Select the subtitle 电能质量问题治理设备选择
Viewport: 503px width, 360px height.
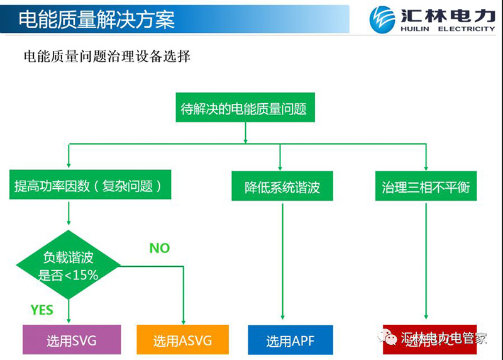(x=106, y=56)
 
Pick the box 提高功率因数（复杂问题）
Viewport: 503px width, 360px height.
(x=91, y=186)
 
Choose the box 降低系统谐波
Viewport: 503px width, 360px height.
(x=282, y=187)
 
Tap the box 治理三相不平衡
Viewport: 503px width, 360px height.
(x=426, y=187)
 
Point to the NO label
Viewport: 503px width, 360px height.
(x=159, y=248)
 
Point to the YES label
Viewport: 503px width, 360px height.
(x=42, y=310)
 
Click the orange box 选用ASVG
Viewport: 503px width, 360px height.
(x=182, y=340)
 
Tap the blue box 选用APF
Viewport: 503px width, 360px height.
(x=290, y=340)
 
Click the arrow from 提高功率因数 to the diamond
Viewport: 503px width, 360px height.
(x=69, y=216)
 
